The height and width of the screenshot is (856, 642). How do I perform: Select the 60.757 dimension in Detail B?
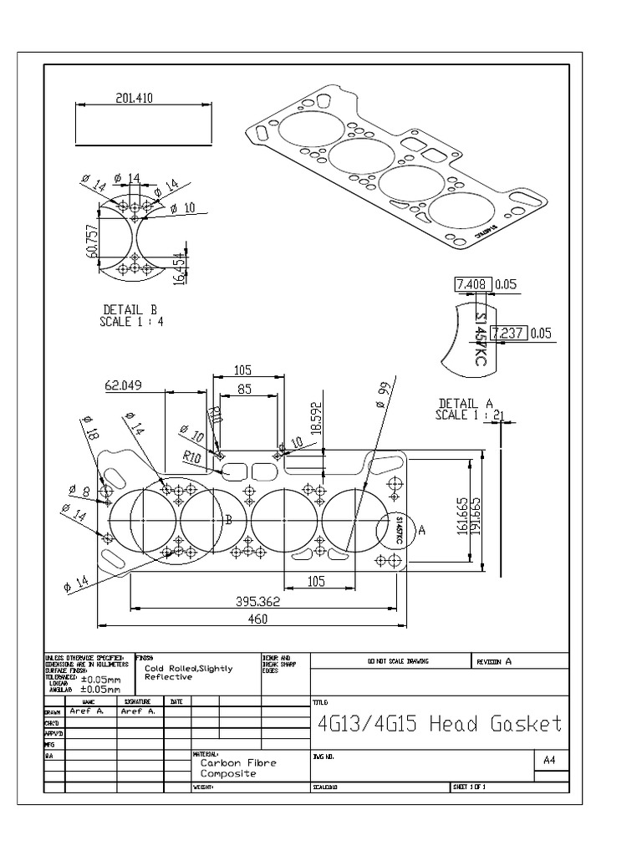coord(92,242)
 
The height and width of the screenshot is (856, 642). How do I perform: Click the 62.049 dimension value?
coord(125,385)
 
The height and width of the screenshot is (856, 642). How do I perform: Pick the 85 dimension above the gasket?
coord(244,388)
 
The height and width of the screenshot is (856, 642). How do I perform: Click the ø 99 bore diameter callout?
coord(383,393)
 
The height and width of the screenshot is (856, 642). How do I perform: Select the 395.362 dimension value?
coord(257,600)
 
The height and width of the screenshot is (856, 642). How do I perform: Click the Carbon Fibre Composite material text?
coord(237,768)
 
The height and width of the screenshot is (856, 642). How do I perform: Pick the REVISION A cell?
coord(493,661)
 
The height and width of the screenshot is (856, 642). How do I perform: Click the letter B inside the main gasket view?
coord(227,520)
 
